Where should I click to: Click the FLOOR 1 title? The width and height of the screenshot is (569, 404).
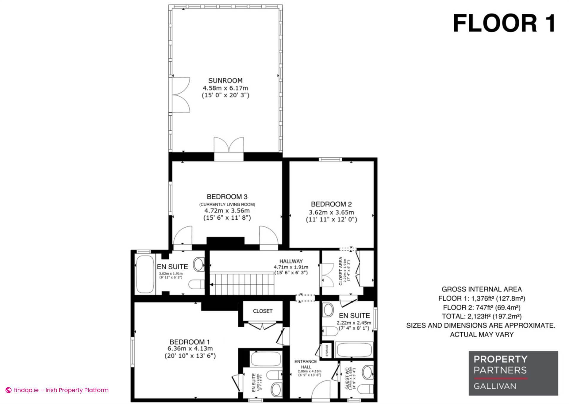click(x=504, y=24)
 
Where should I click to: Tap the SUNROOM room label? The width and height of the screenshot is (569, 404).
click(x=225, y=80)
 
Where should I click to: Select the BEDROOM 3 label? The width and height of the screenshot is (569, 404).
click(x=227, y=197)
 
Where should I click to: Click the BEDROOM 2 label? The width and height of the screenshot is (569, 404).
click(x=331, y=204)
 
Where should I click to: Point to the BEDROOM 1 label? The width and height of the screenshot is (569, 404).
click(x=190, y=342)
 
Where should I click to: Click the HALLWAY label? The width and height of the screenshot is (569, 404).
click(x=291, y=261)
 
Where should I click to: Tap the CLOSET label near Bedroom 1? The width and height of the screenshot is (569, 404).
click(x=263, y=311)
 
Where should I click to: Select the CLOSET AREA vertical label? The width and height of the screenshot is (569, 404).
click(x=341, y=271)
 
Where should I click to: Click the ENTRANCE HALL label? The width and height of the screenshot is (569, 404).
click(x=306, y=364)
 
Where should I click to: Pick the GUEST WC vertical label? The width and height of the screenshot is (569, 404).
click(x=347, y=378)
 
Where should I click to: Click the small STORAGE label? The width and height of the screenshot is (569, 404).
click(x=327, y=351)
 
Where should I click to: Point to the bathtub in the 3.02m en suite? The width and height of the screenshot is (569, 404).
click(x=144, y=273)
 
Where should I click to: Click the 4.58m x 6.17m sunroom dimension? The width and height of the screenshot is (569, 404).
click(x=225, y=88)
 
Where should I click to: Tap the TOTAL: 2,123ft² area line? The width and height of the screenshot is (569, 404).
click(x=482, y=316)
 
